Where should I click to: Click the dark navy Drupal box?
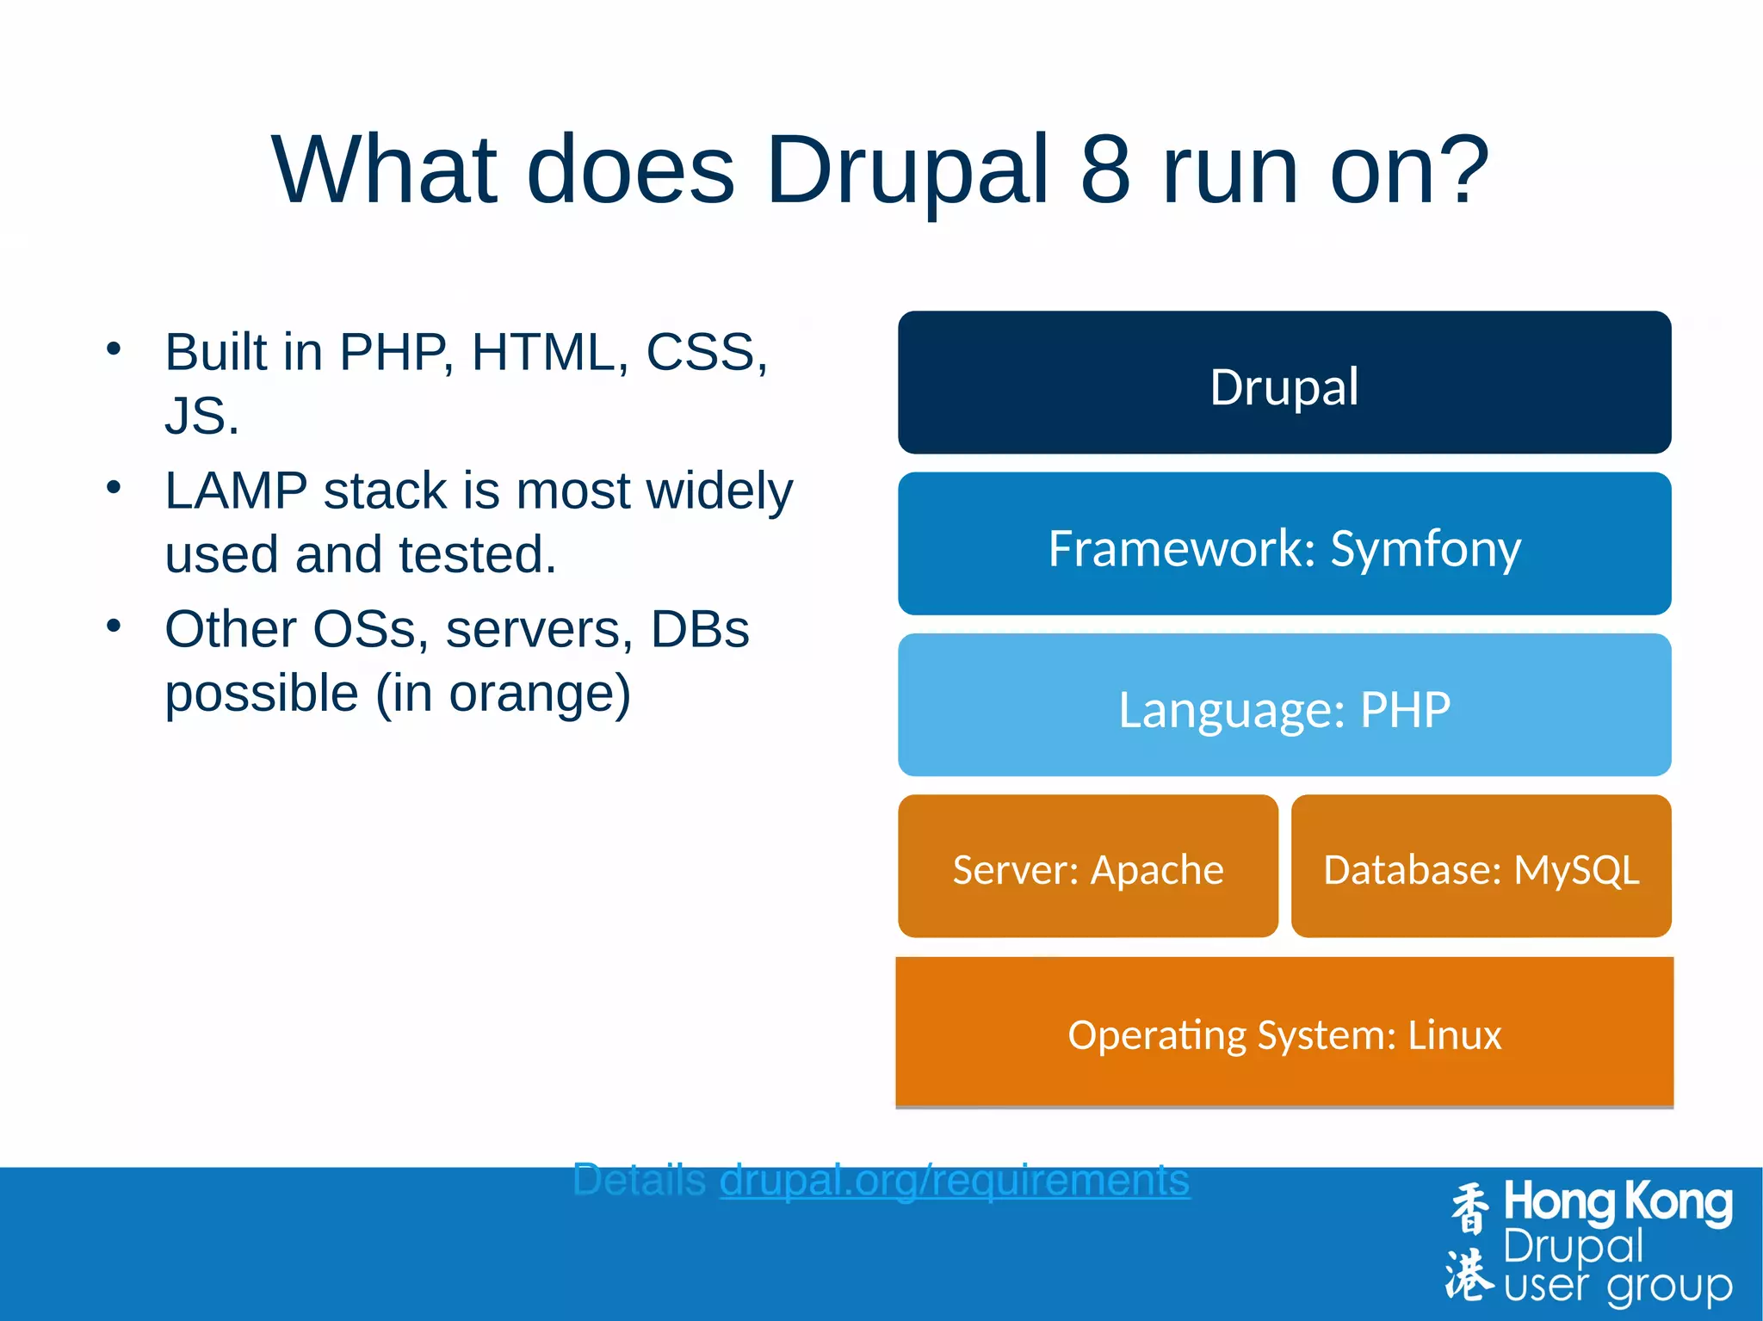click(1284, 383)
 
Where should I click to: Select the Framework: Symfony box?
click(1284, 544)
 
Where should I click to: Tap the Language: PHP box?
click(1284, 705)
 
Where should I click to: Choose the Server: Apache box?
click(1087, 867)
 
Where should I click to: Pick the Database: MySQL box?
click(1481, 867)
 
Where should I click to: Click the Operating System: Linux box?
click(1284, 1032)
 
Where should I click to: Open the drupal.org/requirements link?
click(954, 1180)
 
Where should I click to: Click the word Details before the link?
click(639, 1180)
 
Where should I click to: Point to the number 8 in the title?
click(1104, 170)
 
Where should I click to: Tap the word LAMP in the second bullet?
click(235, 491)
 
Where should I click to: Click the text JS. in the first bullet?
click(201, 416)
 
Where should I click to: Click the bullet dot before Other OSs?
click(114, 626)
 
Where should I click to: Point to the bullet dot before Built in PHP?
click(114, 349)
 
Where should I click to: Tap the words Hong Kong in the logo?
click(1618, 1203)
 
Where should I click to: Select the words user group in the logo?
click(1618, 1286)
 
